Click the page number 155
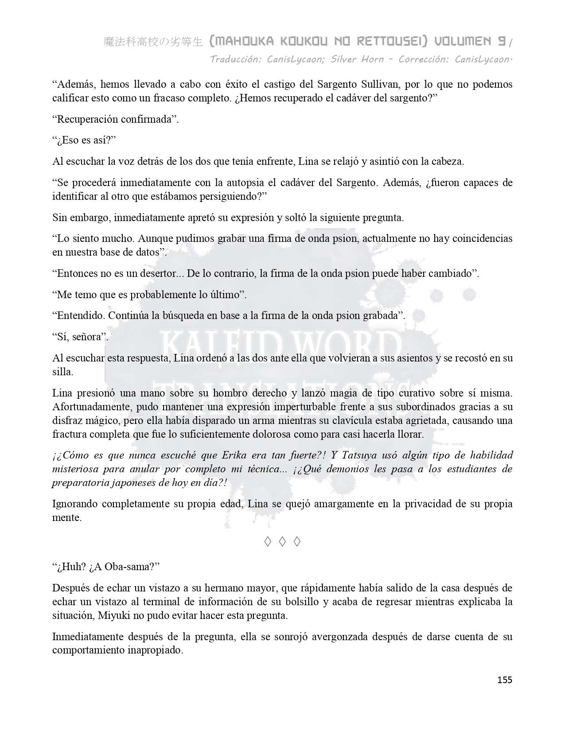click(505, 680)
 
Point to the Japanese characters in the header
click(153, 42)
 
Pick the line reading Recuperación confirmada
click(115, 119)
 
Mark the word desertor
click(157, 273)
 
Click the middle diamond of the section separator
click(282, 541)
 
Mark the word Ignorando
click(74, 504)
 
